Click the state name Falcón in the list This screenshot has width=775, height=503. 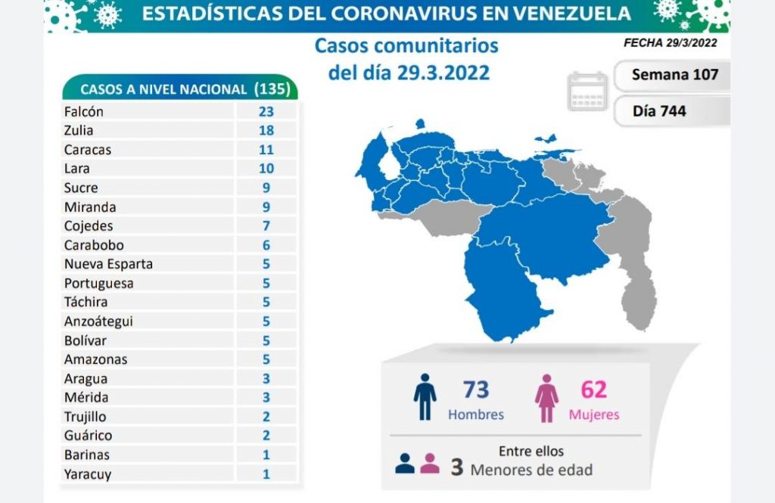tap(84, 111)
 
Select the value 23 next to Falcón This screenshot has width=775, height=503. tap(266, 111)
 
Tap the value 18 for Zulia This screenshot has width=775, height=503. tap(266, 130)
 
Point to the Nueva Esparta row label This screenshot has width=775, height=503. tap(108, 264)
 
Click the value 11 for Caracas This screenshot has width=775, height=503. tap(266, 150)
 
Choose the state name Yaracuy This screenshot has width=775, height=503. tap(87, 474)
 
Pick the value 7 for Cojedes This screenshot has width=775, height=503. tap(266, 225)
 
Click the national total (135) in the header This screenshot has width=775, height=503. tap(272, 88)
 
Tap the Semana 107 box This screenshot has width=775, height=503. tap(671, 75)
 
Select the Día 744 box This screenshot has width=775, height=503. tap(660, 110)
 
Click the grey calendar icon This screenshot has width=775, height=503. tap(588, 92)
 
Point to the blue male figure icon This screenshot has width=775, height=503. tap(425, 397)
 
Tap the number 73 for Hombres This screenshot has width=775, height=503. tap(476, 390)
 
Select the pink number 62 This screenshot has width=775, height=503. tap(594, 390)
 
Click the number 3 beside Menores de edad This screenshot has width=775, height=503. tap(456, 467)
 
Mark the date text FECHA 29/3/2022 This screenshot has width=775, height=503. tap(670, 43)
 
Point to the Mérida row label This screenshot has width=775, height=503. tap(86, 397)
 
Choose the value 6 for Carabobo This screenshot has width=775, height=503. tap(266, 245)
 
